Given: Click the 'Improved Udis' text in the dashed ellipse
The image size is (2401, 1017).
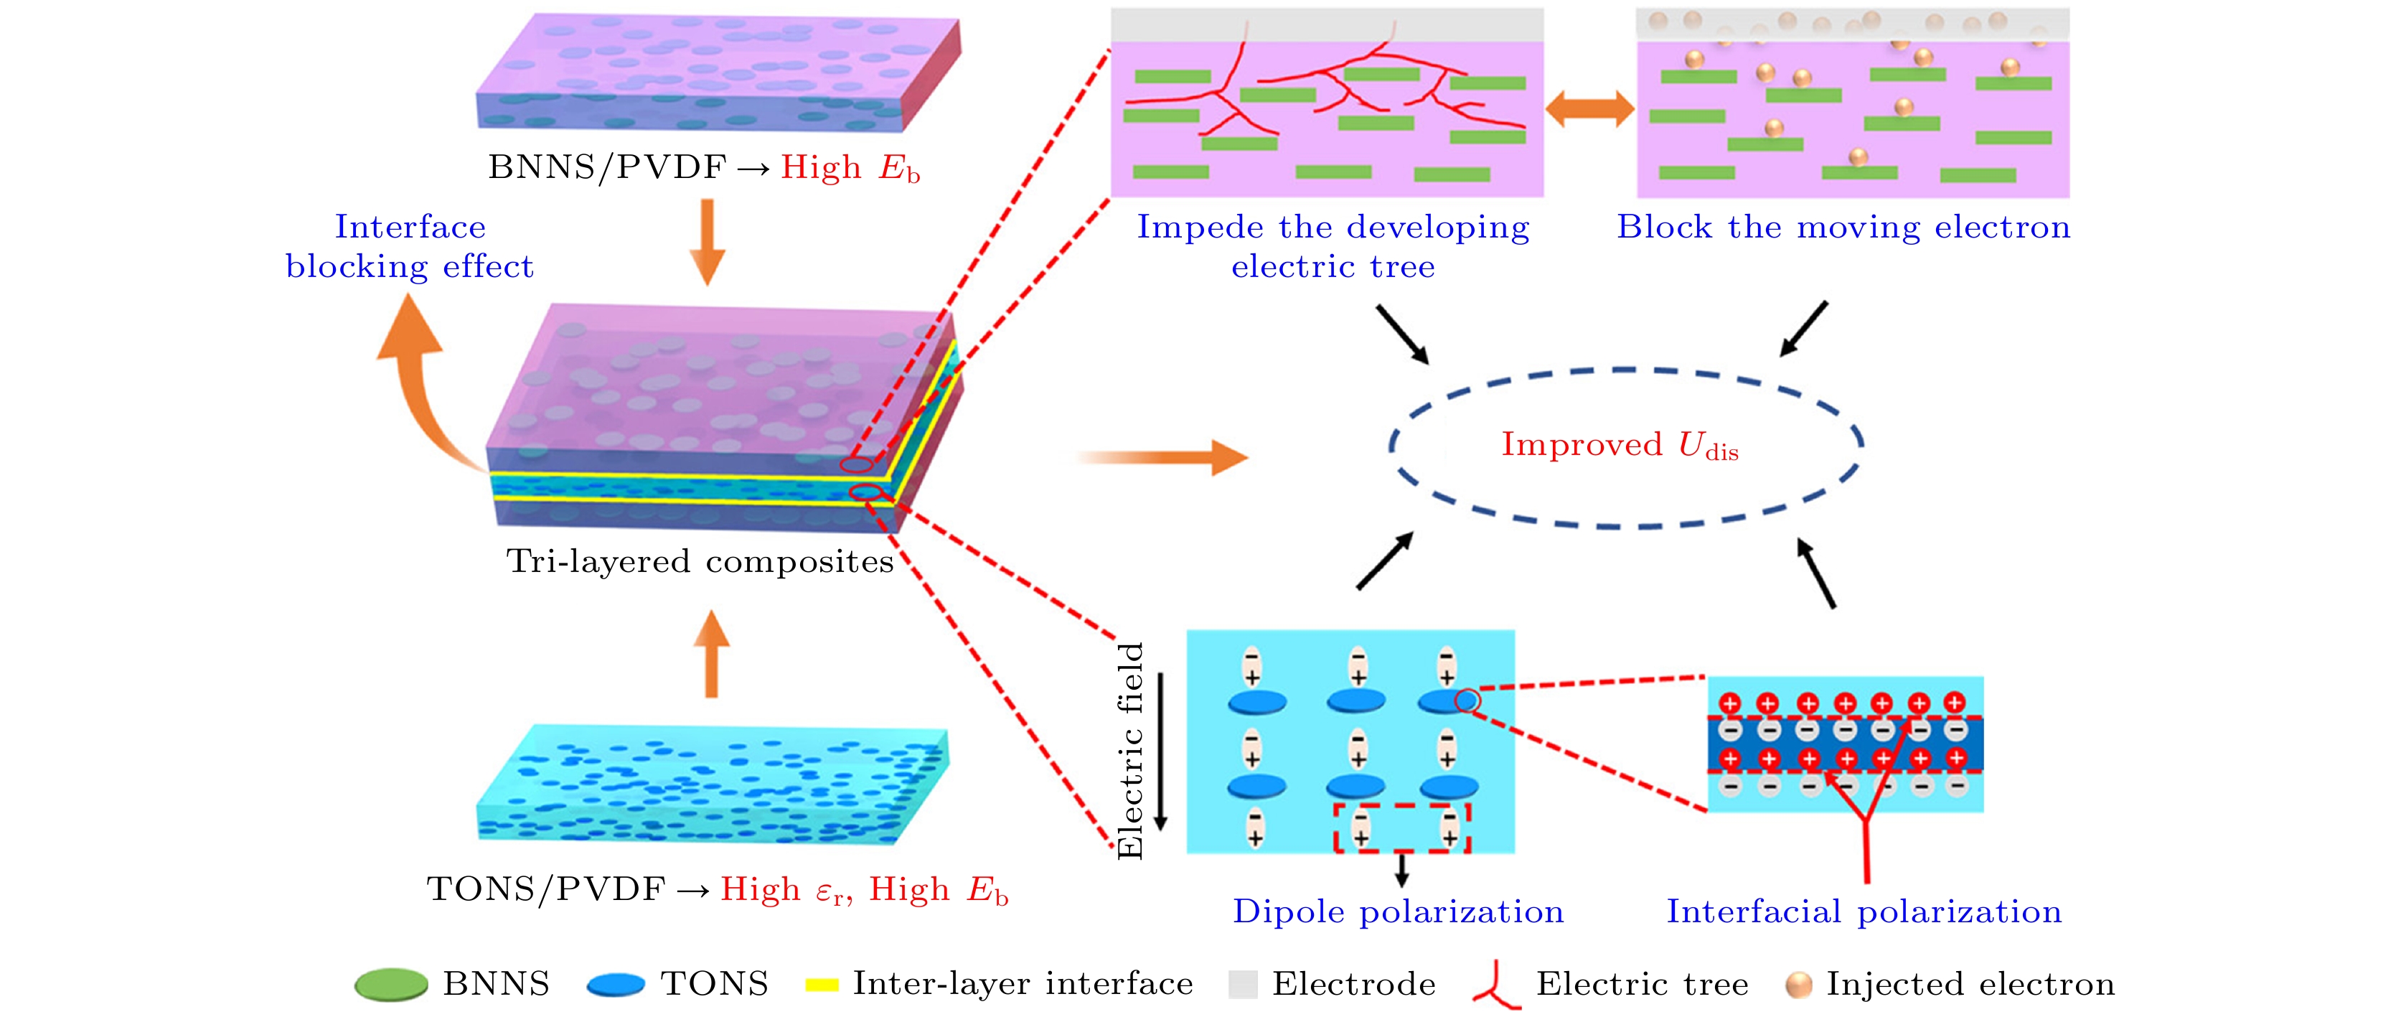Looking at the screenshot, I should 1619,446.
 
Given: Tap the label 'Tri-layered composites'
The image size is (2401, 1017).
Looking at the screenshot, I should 699,561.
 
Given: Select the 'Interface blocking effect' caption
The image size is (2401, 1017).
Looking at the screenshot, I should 410,246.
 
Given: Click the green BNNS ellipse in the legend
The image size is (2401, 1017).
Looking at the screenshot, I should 390,985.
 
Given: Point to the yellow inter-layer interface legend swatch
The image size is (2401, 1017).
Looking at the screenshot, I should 821,985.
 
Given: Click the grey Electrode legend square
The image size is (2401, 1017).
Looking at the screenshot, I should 1242,985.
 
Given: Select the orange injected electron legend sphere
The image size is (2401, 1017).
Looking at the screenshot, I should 1798,985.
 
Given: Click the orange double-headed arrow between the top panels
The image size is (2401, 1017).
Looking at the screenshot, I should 1589,109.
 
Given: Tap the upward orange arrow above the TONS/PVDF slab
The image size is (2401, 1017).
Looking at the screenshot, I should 711,655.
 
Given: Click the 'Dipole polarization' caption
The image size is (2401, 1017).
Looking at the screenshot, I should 1398,911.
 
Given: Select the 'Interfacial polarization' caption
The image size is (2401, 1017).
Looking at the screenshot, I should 1864,911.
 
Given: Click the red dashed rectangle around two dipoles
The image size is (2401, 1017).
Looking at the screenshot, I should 1401,828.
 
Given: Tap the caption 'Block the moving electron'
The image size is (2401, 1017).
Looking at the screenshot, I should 1843,227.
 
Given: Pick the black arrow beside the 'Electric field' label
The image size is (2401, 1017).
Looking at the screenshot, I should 1160,751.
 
